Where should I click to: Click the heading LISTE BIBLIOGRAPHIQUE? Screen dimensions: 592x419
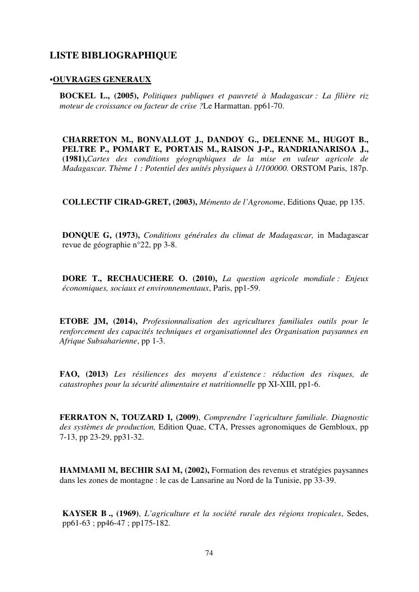113,55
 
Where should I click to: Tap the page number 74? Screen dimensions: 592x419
209,553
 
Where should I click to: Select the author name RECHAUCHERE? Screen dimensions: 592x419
146,278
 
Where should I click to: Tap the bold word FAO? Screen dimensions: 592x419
69,374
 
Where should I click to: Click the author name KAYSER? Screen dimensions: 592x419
80,513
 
